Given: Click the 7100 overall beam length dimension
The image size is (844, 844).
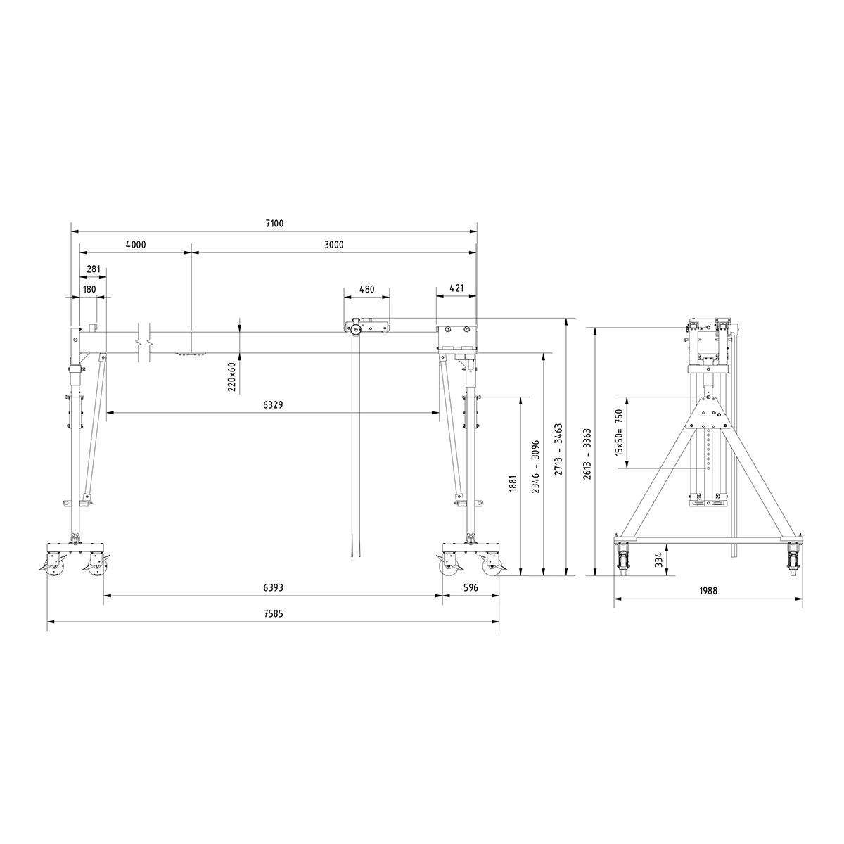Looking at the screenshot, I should click(274, 224).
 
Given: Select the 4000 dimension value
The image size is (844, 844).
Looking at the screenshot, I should click(135, 245).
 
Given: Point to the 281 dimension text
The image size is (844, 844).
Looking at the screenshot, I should click(93, 269).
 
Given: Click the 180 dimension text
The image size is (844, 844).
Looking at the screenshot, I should click(89, 289).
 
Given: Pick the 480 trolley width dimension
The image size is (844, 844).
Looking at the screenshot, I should click(366, 289).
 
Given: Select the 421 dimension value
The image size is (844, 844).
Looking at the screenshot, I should click(456, 289).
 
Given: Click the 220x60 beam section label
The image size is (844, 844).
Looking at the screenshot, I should click(231, 376).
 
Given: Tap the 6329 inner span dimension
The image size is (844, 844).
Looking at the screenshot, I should click(274, 405).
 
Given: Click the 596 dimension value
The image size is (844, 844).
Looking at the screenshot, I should click(471, 588).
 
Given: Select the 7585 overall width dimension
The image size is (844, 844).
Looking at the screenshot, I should click(274, 614).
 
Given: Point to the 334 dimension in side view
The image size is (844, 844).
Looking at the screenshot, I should click(658, 559).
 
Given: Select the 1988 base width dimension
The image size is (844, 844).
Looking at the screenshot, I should click(708, 592).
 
